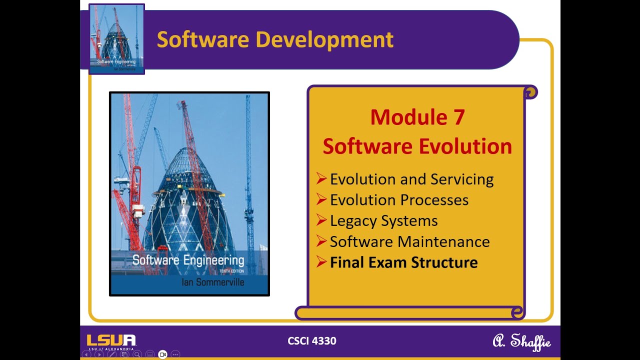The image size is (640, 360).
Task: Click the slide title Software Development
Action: pos(275,39)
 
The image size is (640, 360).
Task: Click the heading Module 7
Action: pos(417,117)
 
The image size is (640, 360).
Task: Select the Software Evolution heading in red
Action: pos(417,146)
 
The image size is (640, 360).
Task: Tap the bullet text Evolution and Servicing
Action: pos(411,179)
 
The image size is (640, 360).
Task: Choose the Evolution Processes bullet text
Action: pos(399,200)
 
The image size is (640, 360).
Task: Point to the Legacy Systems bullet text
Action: pos(383,220)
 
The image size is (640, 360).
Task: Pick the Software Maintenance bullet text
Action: pos(409,241)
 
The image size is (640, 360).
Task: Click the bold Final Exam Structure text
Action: pos(403,262)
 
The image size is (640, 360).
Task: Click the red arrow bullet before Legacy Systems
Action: pos(321,220)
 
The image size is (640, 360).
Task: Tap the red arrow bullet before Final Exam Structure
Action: pos(321,262)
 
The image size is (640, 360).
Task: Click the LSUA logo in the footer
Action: pos(111,341)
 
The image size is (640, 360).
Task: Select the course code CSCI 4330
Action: pos(312,341)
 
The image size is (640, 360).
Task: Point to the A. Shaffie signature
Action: pos(521,341)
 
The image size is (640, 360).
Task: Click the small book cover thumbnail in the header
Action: pos(116,39)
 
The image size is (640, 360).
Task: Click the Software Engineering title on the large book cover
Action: pos(188,260)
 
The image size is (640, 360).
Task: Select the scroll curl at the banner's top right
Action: pos(530,92)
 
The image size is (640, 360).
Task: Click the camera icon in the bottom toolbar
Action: pos(162,354)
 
